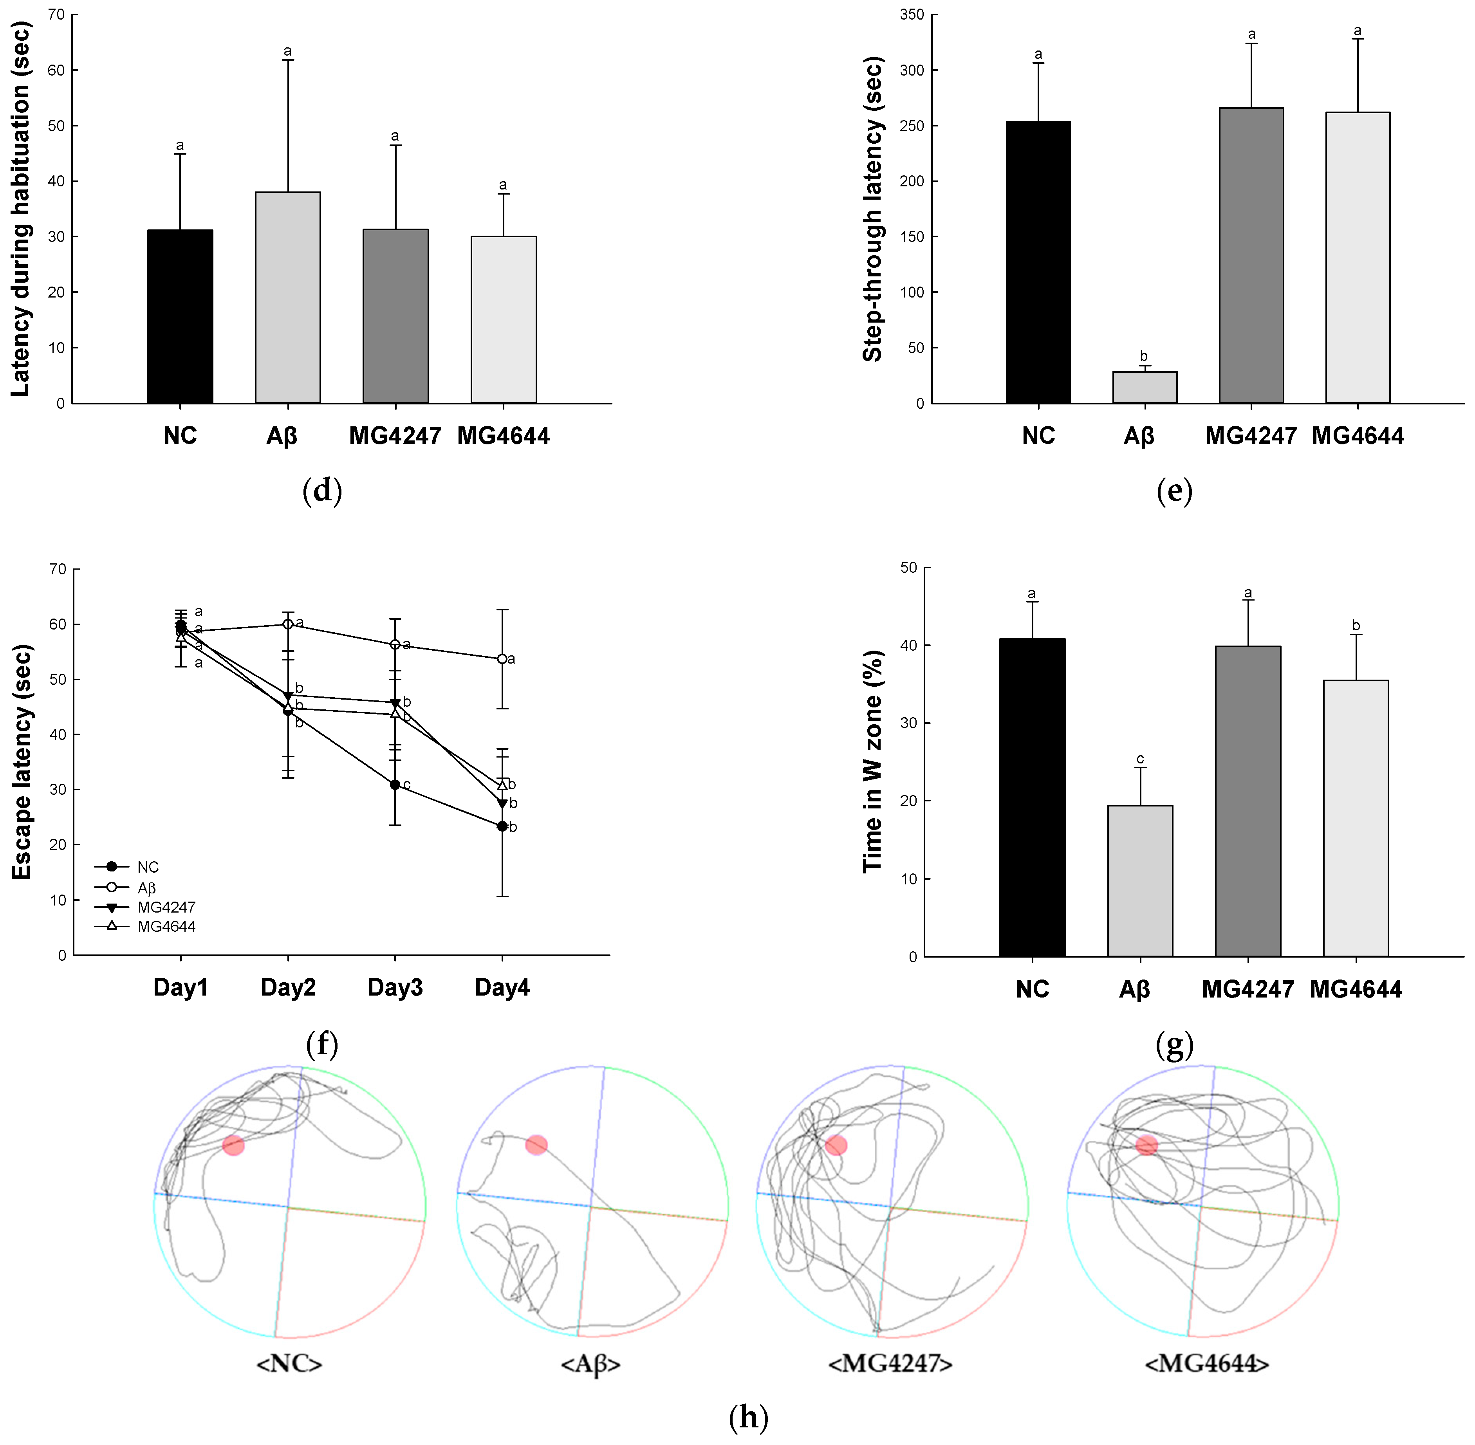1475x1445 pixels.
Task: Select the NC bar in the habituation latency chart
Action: click(x=180, y=316)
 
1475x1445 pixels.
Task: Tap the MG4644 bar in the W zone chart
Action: click(x=1356, y=818)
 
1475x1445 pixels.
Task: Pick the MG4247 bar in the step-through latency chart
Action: click(x=1251, y=256)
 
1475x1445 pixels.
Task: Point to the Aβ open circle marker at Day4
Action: click(x=502, y=659)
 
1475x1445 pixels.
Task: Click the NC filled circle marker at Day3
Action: click(x=395, y=785)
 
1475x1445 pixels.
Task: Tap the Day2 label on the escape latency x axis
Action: click(x=288, y=987)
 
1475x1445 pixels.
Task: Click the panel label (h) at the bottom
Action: click(x=748, y=1417)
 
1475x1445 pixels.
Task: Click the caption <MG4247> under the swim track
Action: click(x=890, y=1364)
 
